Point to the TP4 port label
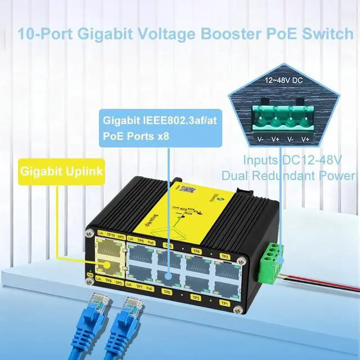(x=197, y=251)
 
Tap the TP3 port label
(x=196, y=297)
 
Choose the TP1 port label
(x=224, y=303)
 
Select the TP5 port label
(x=166, y=292)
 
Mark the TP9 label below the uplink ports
(x=110, y=279)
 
